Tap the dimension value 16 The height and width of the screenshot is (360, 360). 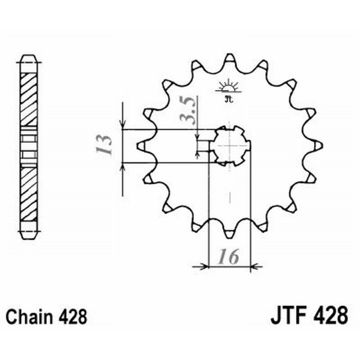pyautogui.click(x=229, y=257)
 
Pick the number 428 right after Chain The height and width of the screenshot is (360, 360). pyautogui.click(x=73, y=317)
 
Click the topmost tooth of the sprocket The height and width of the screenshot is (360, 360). pyautogui.click(x=229, y=58)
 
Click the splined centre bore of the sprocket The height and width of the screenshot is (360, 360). pyautogui.click(x=231, y=145)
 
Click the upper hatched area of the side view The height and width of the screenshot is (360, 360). pyautogui.click(x=29, y=99)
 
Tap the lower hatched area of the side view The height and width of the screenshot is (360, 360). pyautogui.click(x=29, y=193)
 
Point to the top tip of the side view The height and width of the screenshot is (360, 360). pyautogui.click(x=29, y=57)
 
